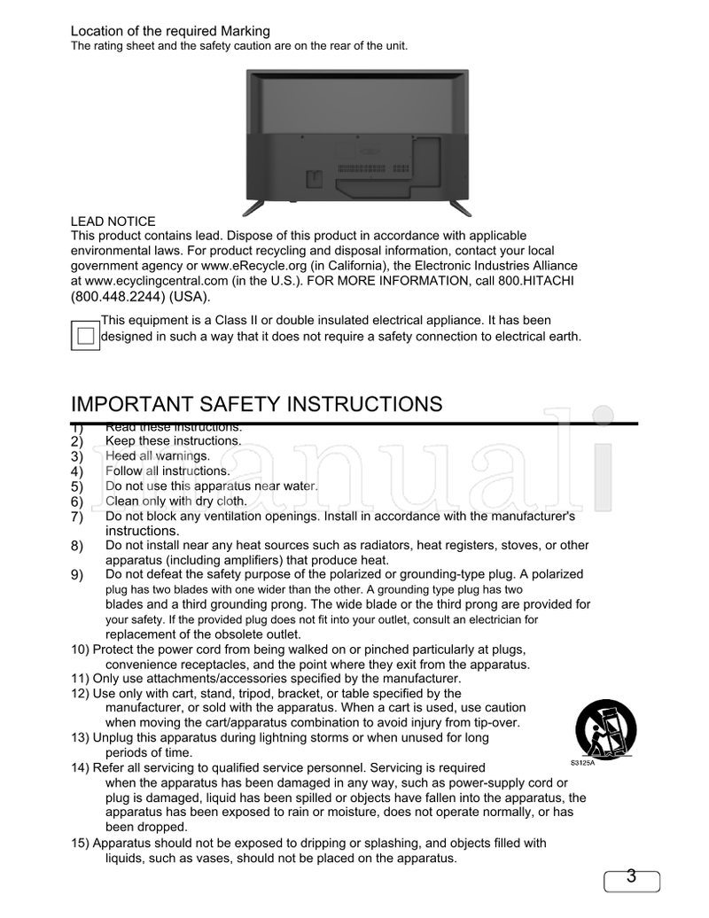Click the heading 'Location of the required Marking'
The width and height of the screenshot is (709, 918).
tap(170, 32)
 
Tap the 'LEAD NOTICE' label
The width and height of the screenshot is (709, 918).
tap(113, 222)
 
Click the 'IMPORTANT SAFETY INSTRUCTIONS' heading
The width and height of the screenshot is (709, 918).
tap(256, 405)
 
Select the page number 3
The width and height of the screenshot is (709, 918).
tap(631, 878)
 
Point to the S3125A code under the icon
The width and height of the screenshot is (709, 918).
tap(581, 762)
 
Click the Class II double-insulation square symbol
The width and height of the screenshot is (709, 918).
tap(84, 336)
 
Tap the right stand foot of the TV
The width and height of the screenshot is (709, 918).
tap(460, 208)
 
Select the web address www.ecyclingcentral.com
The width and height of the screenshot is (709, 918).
tap(152, 281)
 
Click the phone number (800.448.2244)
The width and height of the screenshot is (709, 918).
tap(118, 296)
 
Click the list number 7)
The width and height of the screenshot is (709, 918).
tap(76, 517)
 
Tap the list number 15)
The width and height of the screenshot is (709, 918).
tap(80, 844)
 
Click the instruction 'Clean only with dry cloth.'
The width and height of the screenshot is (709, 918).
tap(175, 501)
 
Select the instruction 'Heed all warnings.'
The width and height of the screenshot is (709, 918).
tap(157, 455)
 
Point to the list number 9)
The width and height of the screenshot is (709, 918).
tap(76, 575)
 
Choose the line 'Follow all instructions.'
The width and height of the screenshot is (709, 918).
tap(167, 471)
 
